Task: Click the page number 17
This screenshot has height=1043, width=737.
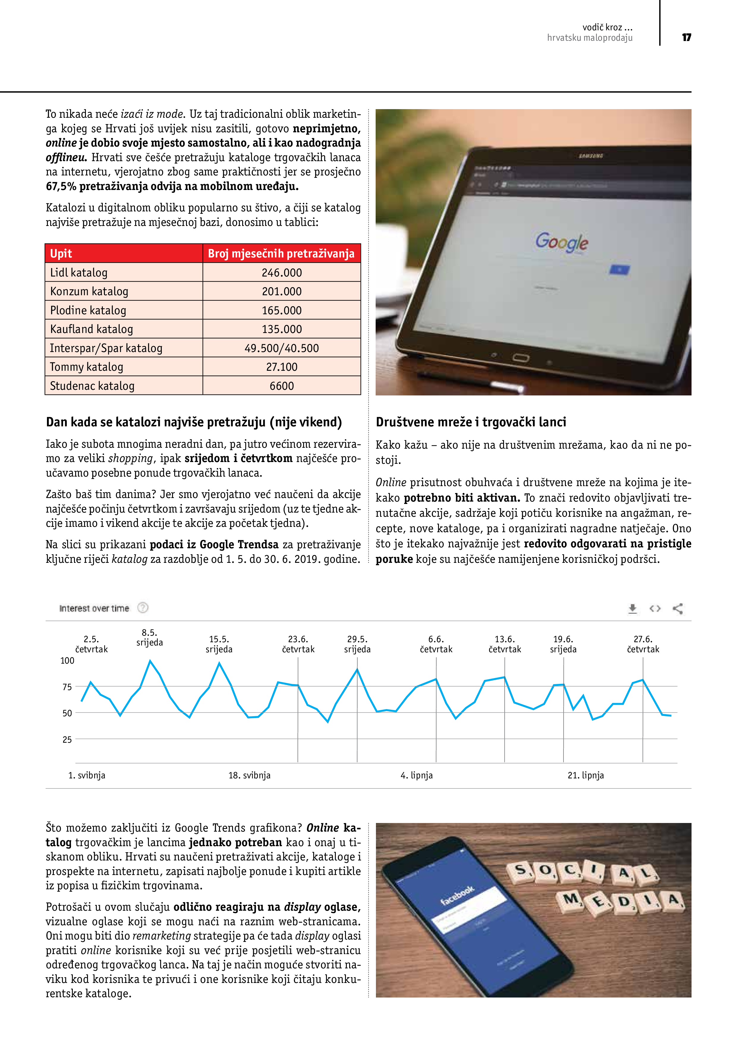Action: click(x=686, y=37)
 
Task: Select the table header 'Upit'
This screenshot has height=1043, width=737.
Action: click(x=61, y=254)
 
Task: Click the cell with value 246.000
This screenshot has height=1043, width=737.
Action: click(x=281, y=273)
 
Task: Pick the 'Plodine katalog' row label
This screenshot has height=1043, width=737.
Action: click(x=88, y=310)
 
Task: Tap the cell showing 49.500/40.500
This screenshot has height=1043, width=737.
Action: click(x=281, y=348)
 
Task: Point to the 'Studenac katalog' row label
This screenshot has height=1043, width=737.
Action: click(x=92, y=386)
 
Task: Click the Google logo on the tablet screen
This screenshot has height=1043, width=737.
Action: click(x=561, y=242)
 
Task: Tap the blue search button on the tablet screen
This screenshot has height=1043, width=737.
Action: click(x=619, y=270)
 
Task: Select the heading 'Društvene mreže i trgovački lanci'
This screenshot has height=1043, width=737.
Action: click(x=471, y=422)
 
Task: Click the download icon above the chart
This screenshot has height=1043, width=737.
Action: click(x=632, y=608)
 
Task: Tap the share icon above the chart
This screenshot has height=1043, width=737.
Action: click(x=678, y=608)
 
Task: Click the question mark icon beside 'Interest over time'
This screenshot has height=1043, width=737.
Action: click(x=143, y=608)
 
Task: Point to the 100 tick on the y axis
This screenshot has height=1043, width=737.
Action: click(x=67, y=661)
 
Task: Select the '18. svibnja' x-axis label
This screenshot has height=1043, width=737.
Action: click(x=249, y=775)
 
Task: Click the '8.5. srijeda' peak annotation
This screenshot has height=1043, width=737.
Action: click(x=149, y=637)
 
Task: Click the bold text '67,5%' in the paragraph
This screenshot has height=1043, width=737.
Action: click(x=61, y=186)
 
